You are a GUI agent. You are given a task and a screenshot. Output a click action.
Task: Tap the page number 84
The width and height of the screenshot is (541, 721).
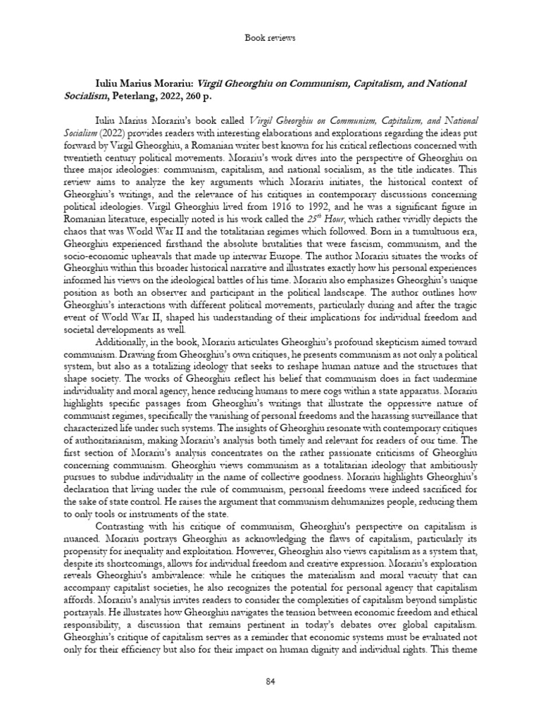point(270,682)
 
